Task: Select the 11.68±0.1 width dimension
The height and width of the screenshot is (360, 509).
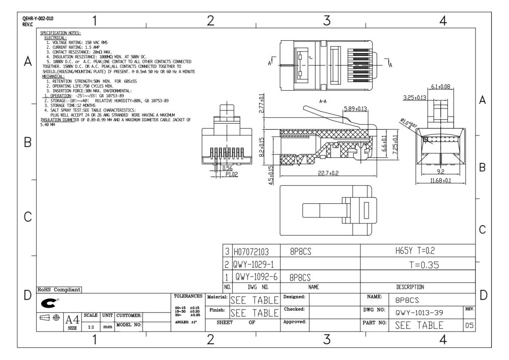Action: pyautogui.click(x=440, y=181)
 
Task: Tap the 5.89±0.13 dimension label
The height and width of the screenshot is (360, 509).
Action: pyautogui.click(x=355, y=109)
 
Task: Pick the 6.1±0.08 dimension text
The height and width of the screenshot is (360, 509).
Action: pyautogui.click(x=440, y=87)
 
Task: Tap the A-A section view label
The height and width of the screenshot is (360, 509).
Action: pyautogui.click(x=322, y=101)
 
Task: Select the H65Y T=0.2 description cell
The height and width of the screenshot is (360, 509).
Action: pyautogui.click(x=417, y=251)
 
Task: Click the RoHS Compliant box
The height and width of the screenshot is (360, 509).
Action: pyautogui.click(x=60, y=290)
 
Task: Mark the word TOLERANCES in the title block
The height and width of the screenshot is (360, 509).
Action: pyautogui.click(x=189, y=296)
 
